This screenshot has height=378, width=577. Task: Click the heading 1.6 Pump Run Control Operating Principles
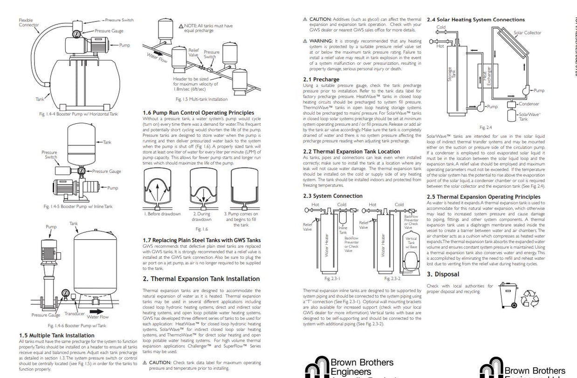198,113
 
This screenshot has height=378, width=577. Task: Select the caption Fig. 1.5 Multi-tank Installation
201,99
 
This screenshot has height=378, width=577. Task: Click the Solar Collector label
527,33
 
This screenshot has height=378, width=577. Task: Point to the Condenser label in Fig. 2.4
529,104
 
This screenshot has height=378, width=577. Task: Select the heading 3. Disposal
443,274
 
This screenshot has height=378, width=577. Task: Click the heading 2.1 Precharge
321,80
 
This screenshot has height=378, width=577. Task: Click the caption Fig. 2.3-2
392,278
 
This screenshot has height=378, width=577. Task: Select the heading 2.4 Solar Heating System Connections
475,20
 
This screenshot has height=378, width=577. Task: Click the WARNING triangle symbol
305,41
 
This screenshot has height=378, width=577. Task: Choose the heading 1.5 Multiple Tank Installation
56,335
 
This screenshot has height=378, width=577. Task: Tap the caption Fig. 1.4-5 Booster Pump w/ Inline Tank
77,206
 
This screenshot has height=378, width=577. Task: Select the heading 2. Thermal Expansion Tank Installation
201,279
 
